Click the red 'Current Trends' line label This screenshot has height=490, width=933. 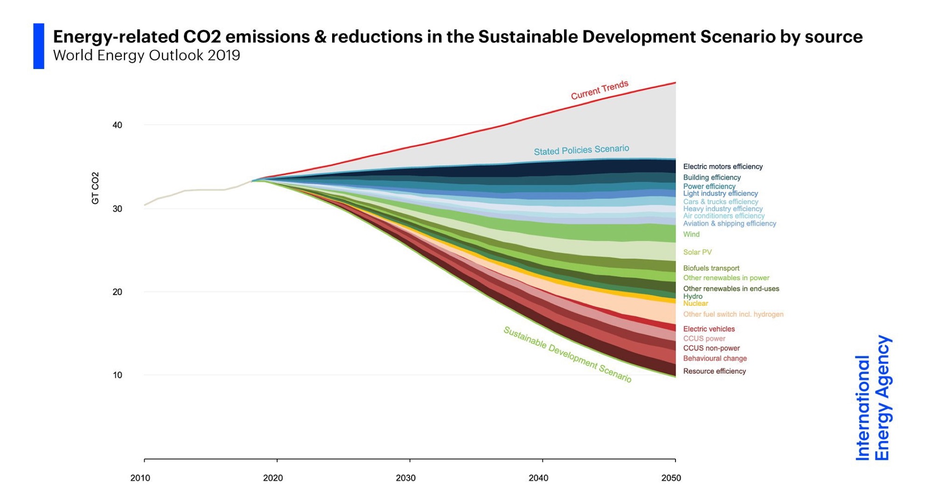pos(599,90)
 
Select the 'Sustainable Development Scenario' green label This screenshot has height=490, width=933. pos(567,354)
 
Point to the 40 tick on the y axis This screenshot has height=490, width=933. pos(117,125)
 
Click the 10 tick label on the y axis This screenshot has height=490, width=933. pos(117,375)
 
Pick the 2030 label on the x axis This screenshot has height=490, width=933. pos(405,478)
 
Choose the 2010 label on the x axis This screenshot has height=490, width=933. pos(140,478)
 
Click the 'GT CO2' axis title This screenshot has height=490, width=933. pos(95,188)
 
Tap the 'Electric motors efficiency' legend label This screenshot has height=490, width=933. pos(723,166)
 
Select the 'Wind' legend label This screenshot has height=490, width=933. pos(691,235)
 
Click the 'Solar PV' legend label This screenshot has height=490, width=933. pos(697,252)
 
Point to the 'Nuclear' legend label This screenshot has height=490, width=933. pos(696,304)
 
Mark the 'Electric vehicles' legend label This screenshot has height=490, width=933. pos(709,329)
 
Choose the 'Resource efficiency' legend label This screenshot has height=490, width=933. pos(714,371)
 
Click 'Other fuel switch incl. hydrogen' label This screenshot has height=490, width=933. pos(733,314)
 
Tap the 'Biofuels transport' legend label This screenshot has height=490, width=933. pos(711,268)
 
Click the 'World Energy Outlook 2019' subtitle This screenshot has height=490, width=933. pos(146,55)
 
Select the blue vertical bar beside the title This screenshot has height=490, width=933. pos(39,46)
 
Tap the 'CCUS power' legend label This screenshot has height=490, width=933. pos(704,339)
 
